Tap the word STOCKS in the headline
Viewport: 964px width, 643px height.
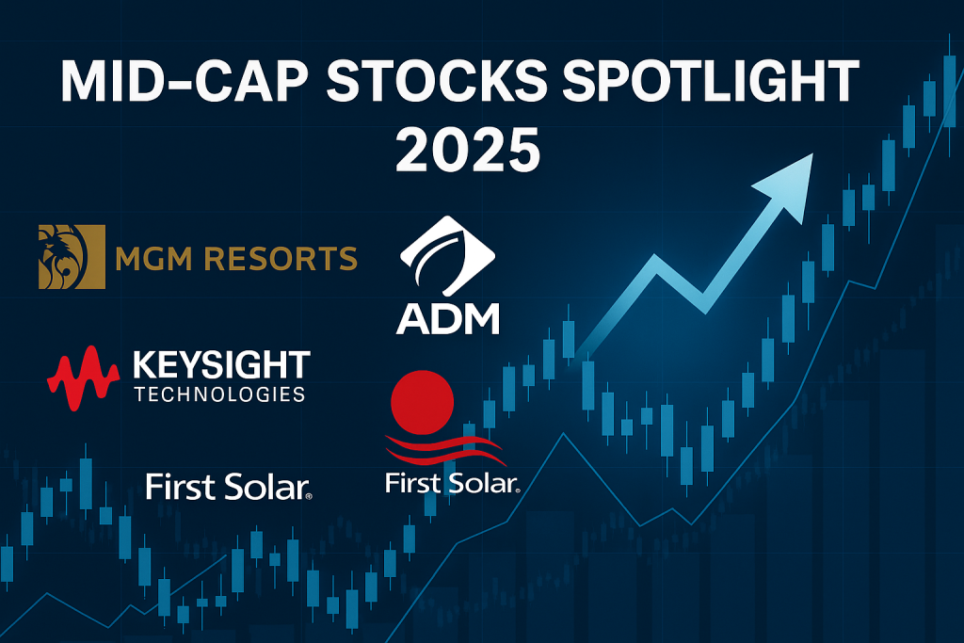point(437,81)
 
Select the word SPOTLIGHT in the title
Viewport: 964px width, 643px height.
point(711,81)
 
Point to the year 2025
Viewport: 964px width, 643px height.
point(468,150)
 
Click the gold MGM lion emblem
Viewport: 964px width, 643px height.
point(72,257)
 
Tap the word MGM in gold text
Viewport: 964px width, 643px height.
point(153,259)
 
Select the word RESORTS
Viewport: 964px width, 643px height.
point(281,259)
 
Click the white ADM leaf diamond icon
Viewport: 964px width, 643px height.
point(447,256)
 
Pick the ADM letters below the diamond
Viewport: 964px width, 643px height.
point(447,318)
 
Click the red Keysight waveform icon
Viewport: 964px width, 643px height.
point(83,378)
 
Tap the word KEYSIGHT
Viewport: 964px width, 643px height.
point(221,365)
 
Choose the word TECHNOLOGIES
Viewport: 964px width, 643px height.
point(220,394)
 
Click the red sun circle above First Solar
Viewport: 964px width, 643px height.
point(423,402)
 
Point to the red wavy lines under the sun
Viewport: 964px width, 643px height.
point(445,451)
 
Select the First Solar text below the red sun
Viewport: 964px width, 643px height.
point(453,483)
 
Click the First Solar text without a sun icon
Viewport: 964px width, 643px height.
point(229,487)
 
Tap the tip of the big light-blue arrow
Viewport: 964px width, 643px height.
point(812,153)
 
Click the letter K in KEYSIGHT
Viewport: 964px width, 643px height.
point(144,365)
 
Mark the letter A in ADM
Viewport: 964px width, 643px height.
point(412,318)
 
